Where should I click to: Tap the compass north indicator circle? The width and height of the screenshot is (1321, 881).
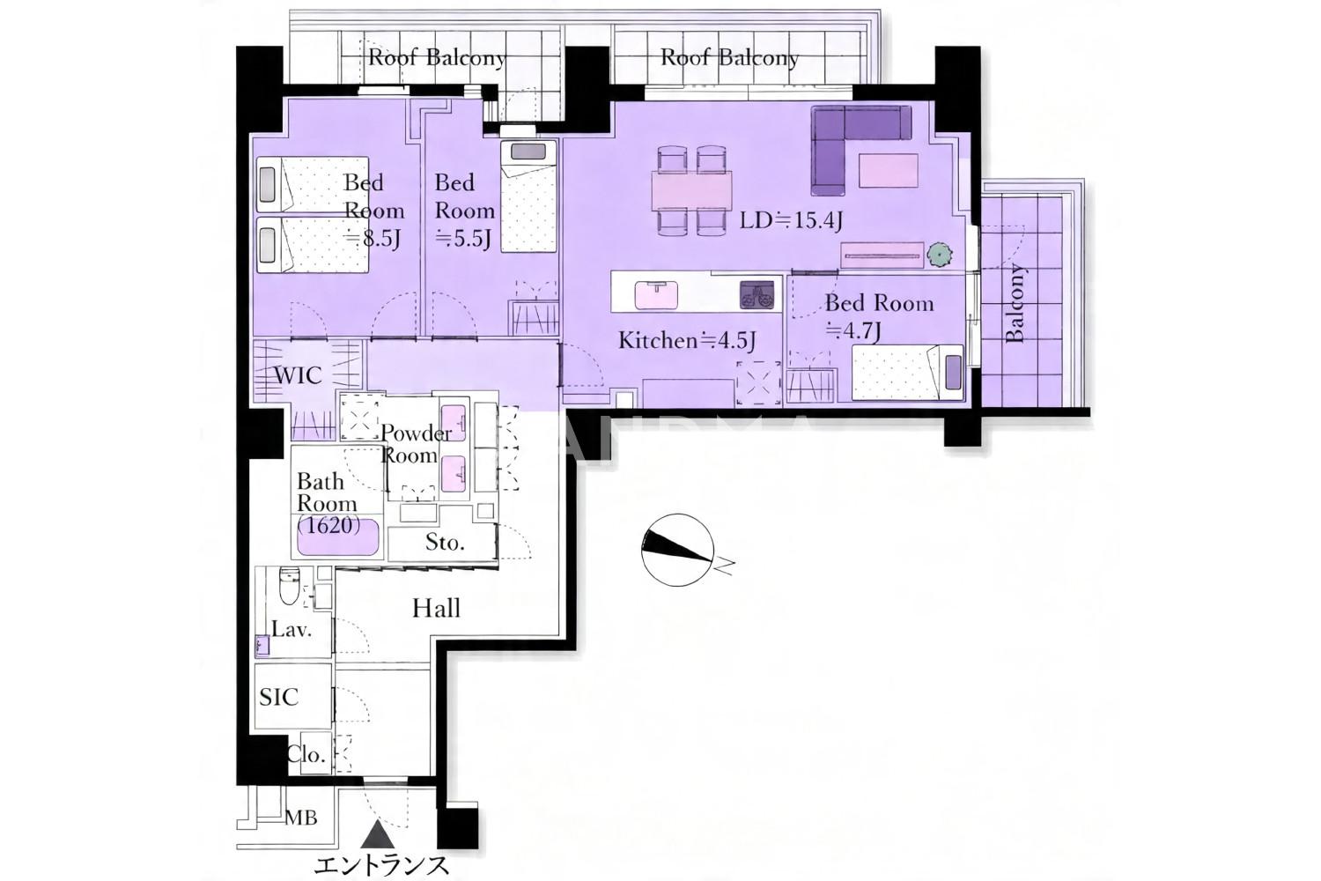(x=677, y=550)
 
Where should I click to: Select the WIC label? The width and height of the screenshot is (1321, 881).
(x=299, y=375)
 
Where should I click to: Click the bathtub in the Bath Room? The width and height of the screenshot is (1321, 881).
(x=337, y=537)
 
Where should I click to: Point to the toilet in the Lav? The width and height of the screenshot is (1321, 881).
(x=289, y=586)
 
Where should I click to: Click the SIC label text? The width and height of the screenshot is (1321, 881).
(x=279, y=697)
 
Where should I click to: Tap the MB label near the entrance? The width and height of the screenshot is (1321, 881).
(x=301, y=818)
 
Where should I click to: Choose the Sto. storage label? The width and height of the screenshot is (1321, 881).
(x=445, y=542)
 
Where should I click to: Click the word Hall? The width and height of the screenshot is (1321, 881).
(x=436, y=608)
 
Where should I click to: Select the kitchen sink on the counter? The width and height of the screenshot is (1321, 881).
(x=656, y=294)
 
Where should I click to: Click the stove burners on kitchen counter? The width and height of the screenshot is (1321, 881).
(x=757, y=295)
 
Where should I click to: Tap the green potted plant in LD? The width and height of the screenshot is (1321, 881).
(x=939, y=255)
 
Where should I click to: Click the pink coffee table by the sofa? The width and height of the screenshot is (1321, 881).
(x=888, y=170)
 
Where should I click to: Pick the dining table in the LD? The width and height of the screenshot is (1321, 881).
(x=691, y=190)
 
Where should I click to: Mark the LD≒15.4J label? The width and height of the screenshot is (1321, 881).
(x=791, y=221)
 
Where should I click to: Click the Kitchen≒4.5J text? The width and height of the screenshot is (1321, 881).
(x=687, y=340)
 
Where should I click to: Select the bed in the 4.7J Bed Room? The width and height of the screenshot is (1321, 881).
(x=907, y=372)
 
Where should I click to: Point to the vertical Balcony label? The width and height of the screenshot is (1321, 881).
(x=1015, y=303)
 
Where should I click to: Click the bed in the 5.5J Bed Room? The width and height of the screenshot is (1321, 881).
(x=529, y=196)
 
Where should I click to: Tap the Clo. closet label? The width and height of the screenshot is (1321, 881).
(x=306, y=754)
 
